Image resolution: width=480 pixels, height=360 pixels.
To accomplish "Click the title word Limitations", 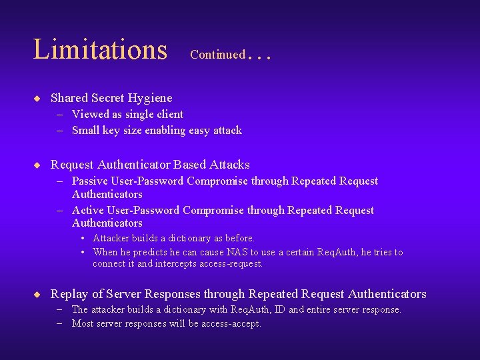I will coord(100,49).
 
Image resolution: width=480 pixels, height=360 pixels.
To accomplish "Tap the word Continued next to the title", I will coord(217,55).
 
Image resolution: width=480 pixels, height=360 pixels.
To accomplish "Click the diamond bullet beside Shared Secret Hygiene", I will coord(37,98).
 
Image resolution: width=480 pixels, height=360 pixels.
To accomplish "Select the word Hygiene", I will coord(149,99).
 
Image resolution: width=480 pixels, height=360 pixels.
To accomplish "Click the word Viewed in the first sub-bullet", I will coord(90,114).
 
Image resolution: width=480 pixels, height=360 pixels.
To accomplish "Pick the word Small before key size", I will coord(87,130).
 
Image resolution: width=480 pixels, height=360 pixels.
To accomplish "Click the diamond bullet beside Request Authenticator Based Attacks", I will coord(37,165).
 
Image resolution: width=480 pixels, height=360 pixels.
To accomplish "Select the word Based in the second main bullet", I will coord(189,165).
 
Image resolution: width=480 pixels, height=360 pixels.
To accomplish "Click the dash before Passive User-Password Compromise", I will coord(59,181).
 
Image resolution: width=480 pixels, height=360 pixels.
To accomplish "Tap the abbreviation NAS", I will coord(237,252).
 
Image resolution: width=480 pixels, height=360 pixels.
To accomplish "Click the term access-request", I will coord(229,263).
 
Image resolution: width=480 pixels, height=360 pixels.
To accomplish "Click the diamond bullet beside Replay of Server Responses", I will coord(37,294).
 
